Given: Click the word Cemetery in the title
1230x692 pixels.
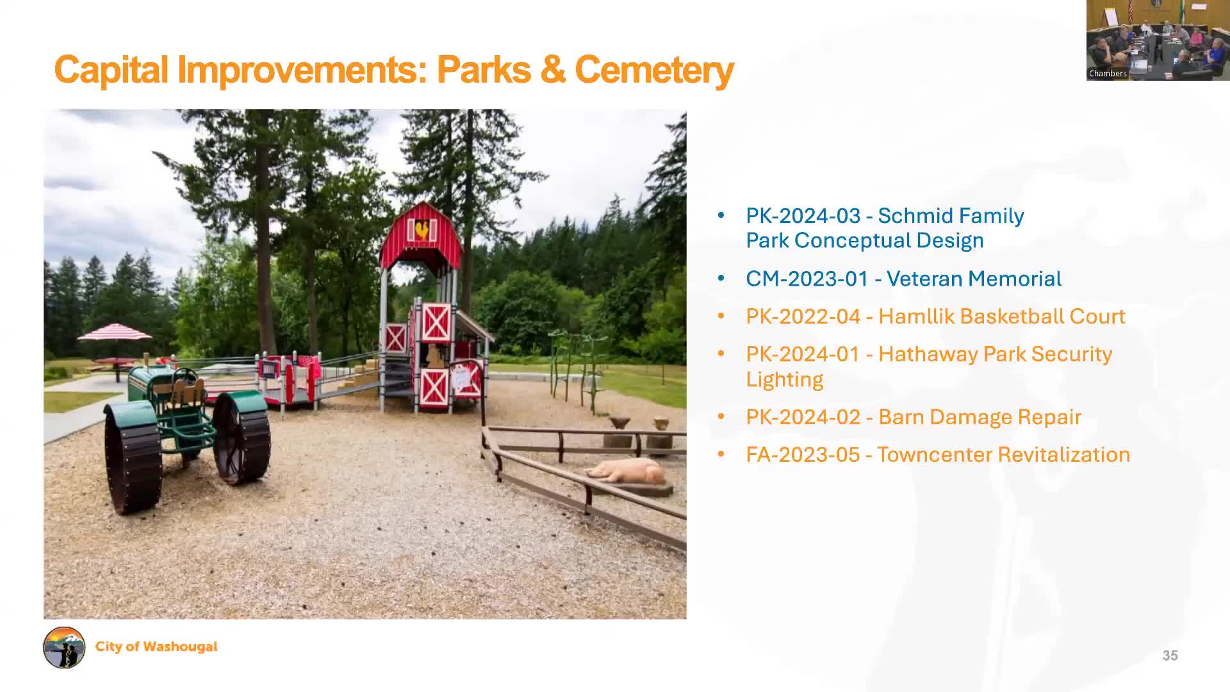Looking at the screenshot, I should tap(653, 70).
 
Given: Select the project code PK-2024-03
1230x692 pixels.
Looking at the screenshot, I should tap(803, 216).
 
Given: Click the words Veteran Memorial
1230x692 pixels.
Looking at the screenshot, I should tap(974, 279).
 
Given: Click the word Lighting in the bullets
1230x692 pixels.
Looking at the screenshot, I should tap(784, 379).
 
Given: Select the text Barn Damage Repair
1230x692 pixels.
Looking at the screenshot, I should tap(979, 417).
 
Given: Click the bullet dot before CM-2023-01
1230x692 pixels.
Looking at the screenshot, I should tap(721, 279).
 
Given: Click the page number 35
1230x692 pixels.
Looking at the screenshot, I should tap(1170, 655).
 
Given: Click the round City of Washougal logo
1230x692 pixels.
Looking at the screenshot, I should tap(64, 647).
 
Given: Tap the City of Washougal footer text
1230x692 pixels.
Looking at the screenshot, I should tap(156, 647).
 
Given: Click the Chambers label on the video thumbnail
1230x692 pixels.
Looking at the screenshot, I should tap(1107, 74).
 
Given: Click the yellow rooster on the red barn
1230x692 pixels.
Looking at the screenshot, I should tap(422, 229).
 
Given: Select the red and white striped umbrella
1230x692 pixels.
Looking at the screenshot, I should tap(115, 332).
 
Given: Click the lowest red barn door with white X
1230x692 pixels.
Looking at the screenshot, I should tap(434, 387).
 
